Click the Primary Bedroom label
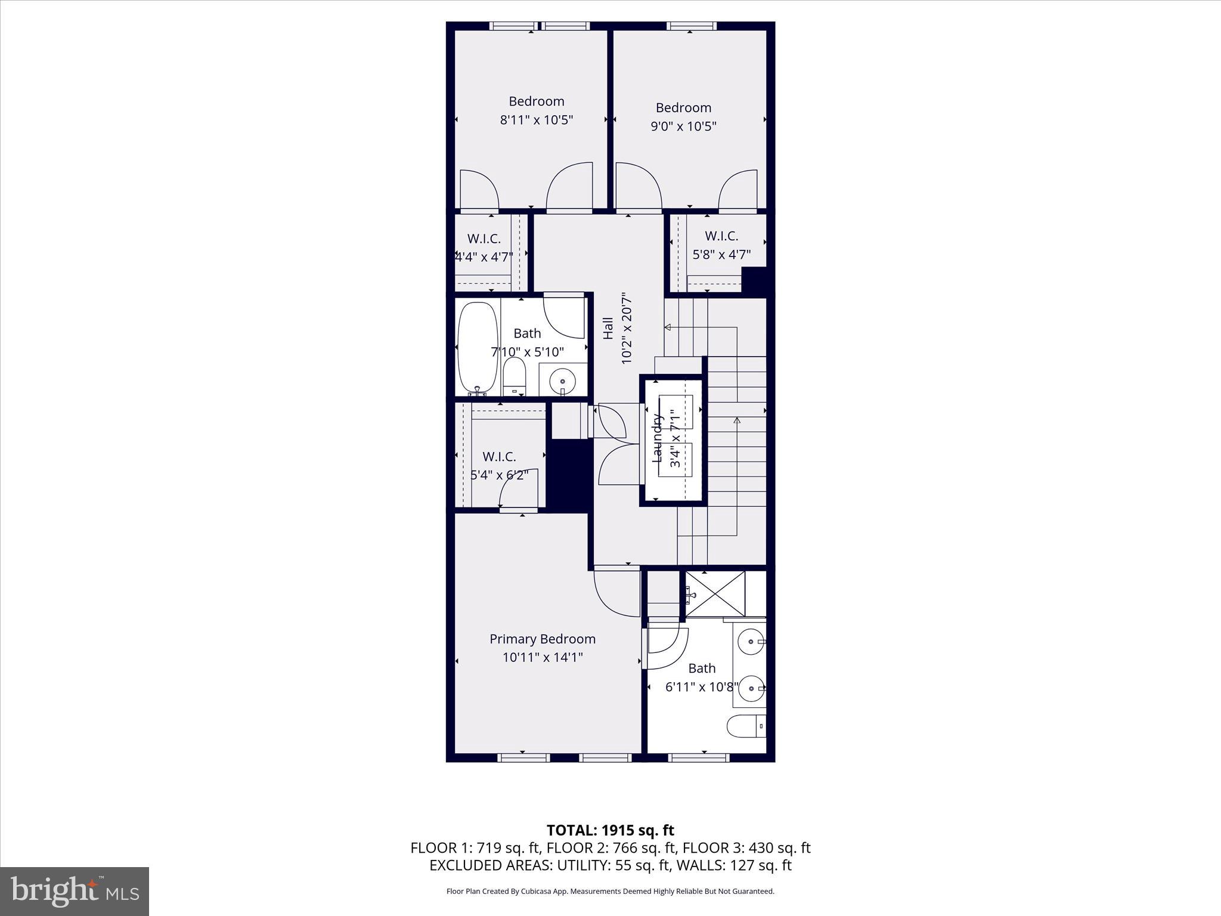point(542,639)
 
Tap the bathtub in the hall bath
point(477,348)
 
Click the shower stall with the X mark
point(715,594)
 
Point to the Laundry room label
point(658,438)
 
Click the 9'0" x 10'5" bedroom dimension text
point(683,126)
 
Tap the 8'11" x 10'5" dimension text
point(536,120)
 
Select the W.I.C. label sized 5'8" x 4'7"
point(721,236)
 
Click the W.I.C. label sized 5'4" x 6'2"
point(499,457)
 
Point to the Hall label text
point(608,328)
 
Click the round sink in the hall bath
point(562,379)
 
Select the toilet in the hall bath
point(514,376)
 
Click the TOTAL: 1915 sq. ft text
point(610,830)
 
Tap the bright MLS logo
point(75,891)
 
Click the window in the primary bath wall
point(699,757)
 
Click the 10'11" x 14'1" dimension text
point(542,657)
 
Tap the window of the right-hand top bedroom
point(691,26)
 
